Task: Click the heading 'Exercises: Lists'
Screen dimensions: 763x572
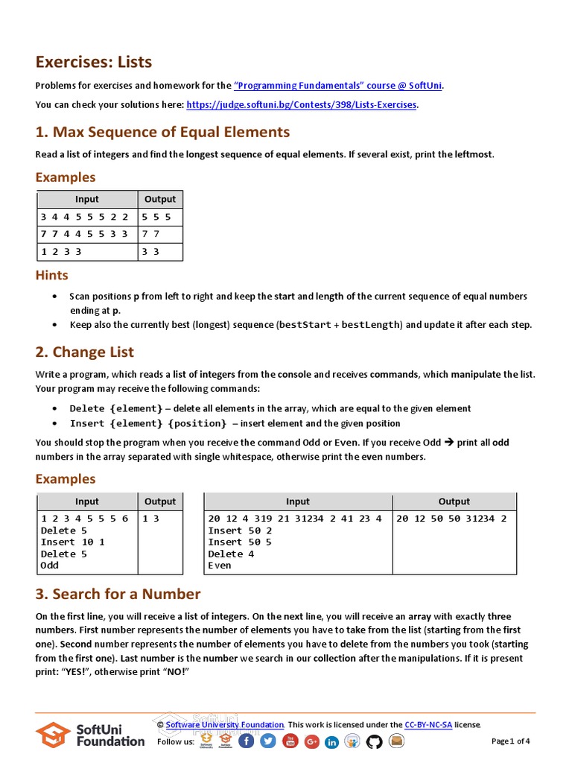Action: [x=94, y=62]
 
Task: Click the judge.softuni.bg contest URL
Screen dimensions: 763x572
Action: [x=301, y=105]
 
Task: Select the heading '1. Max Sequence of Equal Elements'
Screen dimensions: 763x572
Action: [x=162, y=132]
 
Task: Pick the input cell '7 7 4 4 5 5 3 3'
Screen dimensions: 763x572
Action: [x=85, y=234]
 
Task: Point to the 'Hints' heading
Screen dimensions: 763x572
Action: [x=52, y=275]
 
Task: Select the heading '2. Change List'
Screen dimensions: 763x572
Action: [x=85, y=352]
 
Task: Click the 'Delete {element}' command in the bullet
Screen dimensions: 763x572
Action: [x=115, y=408]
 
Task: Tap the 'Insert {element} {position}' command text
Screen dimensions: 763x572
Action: [x=147, y=423]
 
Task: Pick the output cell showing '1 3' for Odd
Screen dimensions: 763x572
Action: [x=151, y=519]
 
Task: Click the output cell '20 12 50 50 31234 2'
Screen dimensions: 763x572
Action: [x=451, y=519]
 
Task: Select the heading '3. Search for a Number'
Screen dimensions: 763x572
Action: [x=118, y=594]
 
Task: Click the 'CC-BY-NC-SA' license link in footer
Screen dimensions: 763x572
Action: [x=428, y=724]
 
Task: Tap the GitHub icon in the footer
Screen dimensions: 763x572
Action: [x=374, y=741]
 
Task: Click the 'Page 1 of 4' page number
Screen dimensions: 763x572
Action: [x=511, y=741]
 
